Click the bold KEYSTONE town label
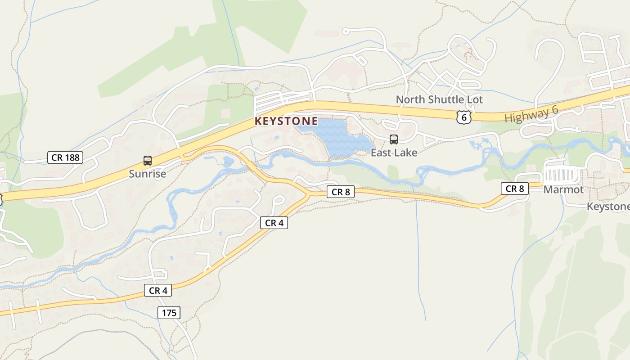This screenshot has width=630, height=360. coord(286,121)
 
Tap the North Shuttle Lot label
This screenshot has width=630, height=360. coord(439,99)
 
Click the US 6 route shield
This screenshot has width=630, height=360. coord(463,117)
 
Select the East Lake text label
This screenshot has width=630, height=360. coord(394,153)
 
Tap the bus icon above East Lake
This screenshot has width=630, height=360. coord(394,139)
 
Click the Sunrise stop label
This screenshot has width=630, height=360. coord(147,174)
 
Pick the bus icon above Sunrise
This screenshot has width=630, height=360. coord(147,161)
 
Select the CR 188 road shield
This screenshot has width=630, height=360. coord(65,157)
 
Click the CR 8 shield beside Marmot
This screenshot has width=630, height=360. coord(515,189)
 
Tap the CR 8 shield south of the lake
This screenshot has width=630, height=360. coord(341,192)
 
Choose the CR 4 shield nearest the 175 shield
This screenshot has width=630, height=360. coord(158,290)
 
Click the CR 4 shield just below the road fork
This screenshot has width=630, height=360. coord(274,223)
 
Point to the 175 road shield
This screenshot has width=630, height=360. coord(169,313)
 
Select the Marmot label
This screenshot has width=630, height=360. coord(563,189)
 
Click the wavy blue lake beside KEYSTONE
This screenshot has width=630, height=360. coord(335,137)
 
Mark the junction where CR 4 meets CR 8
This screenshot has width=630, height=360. coord(309,195)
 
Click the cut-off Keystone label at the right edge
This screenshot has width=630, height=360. coord(608,207)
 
